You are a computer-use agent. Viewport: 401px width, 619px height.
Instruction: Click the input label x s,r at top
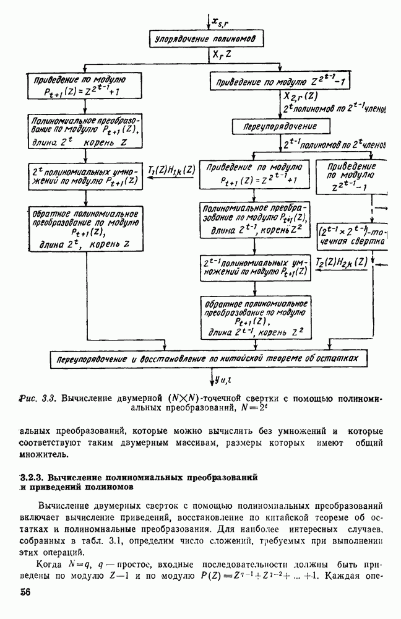pyautogui.click(x=222, y=23)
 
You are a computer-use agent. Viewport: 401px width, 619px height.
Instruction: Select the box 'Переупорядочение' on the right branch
pyautogui.click(x=273, y=126)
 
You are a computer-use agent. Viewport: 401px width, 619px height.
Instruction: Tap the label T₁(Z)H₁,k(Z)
pyautogui.click(x=171, y=168)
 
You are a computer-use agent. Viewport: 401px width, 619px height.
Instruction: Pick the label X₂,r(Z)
pyautogui.click(x=301, y=96)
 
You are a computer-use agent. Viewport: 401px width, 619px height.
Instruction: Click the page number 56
pyautogui.click(x=25, y=592)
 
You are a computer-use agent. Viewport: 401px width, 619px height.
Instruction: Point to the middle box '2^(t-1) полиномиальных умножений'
pyautogui.click(x=255, y=266)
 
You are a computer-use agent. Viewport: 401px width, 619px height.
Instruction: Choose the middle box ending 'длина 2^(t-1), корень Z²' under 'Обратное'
pyautogui.click(x=255, y=317)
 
